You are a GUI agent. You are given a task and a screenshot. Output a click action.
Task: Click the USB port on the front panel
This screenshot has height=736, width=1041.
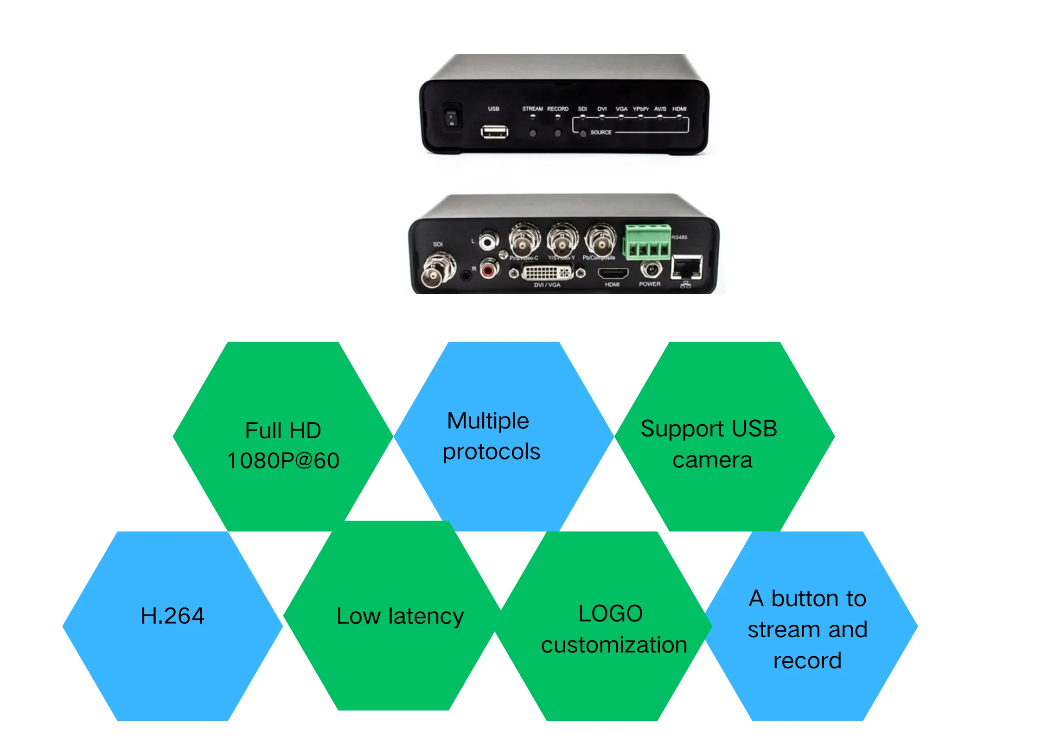(x=494, y=132)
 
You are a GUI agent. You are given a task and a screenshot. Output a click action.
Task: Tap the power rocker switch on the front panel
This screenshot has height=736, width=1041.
(x=451, y=117)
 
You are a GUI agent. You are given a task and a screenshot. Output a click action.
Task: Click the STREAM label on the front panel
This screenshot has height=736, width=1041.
(x=532, y=109)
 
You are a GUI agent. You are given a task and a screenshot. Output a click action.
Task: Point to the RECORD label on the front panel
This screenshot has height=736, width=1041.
(x=557, y=109)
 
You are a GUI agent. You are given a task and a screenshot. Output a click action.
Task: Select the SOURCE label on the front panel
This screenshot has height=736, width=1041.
(x=600, y=133)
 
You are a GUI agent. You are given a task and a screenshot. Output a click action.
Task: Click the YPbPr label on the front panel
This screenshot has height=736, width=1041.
(x=640, y=109)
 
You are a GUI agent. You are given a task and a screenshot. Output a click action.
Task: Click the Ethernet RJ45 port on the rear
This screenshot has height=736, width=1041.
(x=688, y=268)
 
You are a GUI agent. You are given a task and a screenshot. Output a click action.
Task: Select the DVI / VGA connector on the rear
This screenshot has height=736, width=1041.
(x=547, y=272)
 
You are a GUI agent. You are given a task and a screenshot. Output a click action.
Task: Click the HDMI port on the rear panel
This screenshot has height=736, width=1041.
(x=613, y=273)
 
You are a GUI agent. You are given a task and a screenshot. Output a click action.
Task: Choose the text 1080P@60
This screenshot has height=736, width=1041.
(x=283, y=461)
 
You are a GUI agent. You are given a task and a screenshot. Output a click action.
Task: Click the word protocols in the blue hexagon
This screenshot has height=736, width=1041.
(x=492, y=452)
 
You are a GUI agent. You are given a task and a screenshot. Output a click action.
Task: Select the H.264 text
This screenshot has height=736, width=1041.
(x=172, y=616)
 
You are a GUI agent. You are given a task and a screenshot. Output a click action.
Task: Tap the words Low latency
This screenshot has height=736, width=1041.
(x=400, y=616)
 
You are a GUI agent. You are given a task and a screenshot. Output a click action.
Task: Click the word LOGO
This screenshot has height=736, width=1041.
(x=610, y=614)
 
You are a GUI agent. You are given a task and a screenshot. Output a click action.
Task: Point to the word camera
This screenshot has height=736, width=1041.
(x=712, y=460)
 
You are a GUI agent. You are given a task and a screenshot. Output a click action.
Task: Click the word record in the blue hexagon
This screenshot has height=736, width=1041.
(x=807, y=660)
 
